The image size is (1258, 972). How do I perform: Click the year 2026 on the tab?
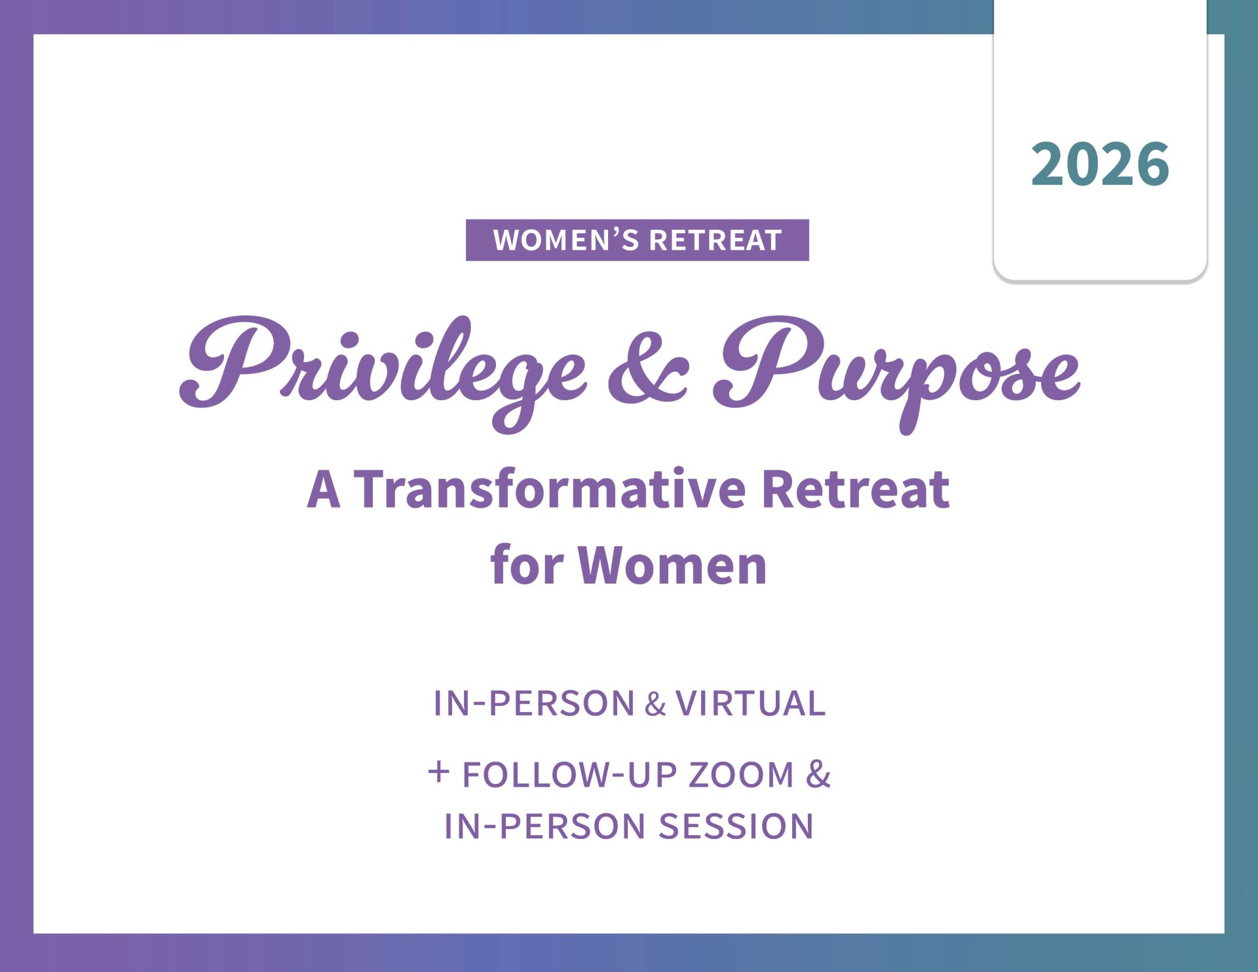1100,164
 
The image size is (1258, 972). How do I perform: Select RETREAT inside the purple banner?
715,240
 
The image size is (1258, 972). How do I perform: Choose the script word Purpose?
896,373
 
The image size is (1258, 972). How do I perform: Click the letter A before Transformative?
324,489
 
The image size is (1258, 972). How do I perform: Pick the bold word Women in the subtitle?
672,565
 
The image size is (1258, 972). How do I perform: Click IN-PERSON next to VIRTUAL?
534,703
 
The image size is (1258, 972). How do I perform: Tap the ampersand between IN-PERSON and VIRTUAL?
655,705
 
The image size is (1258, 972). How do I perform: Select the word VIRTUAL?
750,703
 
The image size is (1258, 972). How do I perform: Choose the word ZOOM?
741,775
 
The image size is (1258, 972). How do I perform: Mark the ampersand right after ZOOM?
818,775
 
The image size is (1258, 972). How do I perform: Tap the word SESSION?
736,826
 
